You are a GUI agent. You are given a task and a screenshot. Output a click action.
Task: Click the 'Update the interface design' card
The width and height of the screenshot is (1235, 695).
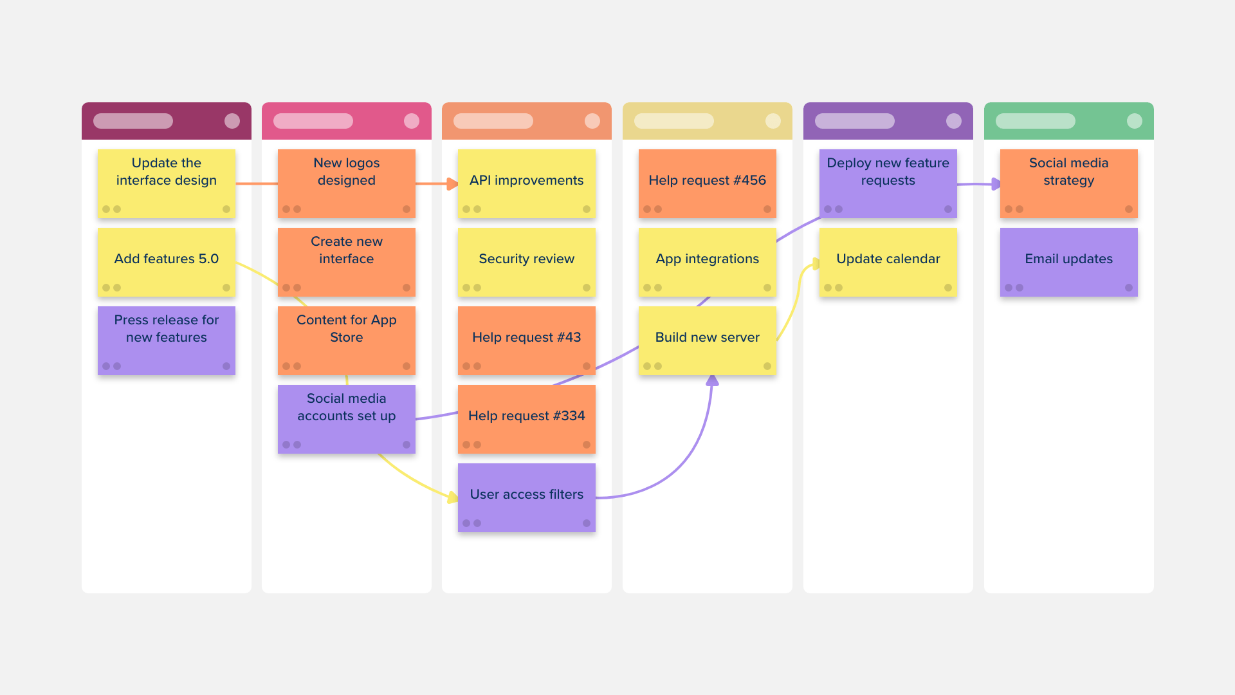pos(166,183)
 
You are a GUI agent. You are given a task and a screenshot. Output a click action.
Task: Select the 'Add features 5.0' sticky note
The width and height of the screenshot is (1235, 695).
pos(166,262)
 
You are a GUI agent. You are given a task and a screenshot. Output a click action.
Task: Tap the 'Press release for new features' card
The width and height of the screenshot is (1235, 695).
pos(166,340)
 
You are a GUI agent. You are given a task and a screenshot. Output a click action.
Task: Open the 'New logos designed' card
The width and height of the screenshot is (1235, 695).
pos(346,183)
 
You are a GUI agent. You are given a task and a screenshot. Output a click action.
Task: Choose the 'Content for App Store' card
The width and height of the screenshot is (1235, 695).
pos(346,340)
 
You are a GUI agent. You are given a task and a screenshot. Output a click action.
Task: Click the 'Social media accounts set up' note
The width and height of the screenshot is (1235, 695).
pos(346,419)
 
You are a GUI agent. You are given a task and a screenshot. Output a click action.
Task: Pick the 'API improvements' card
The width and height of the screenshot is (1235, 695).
pos(526,183)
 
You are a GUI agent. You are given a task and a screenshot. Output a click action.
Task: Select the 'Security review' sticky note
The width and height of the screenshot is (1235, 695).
pos(526,262)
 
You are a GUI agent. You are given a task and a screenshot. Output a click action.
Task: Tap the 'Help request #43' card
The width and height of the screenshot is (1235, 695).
pos(526,340)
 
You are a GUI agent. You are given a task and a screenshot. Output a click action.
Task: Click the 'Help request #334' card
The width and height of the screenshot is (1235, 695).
pos(526,419)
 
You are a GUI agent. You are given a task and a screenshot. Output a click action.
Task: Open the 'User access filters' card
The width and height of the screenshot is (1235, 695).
pos(526,497)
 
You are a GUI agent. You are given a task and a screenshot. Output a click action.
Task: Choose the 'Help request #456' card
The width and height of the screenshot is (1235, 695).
pos(707,183)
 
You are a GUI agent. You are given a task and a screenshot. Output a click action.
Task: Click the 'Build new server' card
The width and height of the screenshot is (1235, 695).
pos(707,340)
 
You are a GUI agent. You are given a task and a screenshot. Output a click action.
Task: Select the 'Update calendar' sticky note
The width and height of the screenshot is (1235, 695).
pos(888,262)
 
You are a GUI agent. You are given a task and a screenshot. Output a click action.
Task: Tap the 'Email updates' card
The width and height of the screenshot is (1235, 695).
pos(1068,262)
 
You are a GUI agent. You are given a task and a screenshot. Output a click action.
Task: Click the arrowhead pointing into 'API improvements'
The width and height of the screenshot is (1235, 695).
pos(453,184)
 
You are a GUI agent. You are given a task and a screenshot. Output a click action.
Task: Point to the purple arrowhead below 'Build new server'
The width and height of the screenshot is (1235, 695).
pos(712,381)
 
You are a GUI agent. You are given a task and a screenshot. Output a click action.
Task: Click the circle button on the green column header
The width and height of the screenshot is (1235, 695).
pos(1135,121)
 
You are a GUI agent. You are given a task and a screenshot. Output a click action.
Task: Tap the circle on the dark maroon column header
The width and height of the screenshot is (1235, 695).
pos(232,121)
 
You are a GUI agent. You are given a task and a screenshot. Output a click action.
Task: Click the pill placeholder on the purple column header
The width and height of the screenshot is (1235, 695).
pos(854,121)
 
